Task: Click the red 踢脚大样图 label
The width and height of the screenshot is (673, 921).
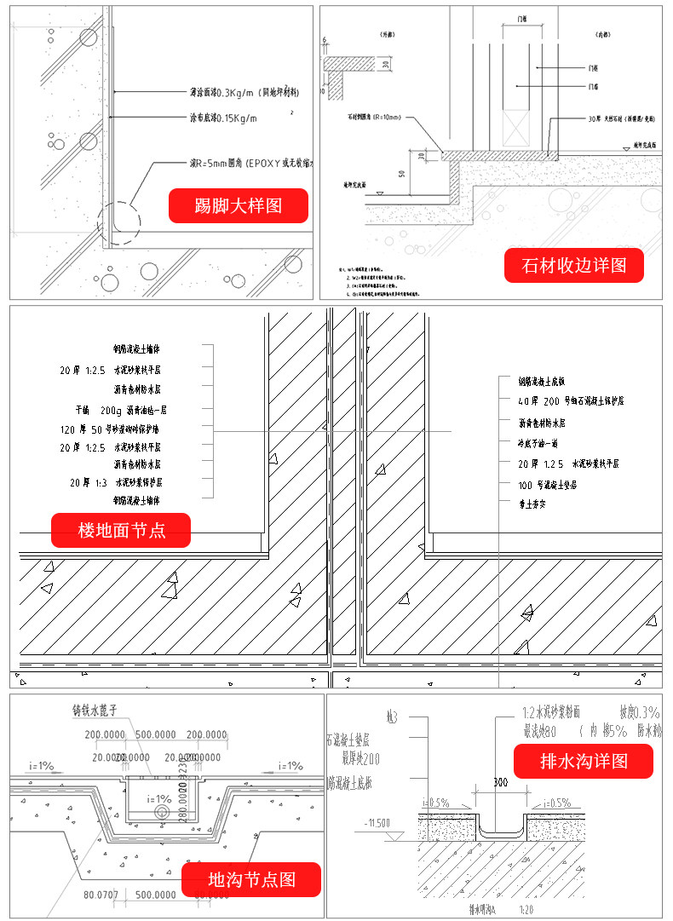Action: (x=238, y=205)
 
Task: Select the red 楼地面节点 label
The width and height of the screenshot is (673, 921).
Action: (x=121, y=531)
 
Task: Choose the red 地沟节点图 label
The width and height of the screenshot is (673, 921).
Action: (x=251, y=879)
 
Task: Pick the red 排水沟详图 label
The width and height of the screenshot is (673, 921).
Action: (x=584, y=761)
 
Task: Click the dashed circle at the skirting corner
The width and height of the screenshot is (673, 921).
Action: (x=119, y=220)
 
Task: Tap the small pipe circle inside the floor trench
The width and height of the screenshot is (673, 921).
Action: (x=162, y=813)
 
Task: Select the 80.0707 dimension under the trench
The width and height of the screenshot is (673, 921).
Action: (x=101, y=895)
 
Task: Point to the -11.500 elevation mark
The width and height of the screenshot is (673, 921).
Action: (x=377, y=823)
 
